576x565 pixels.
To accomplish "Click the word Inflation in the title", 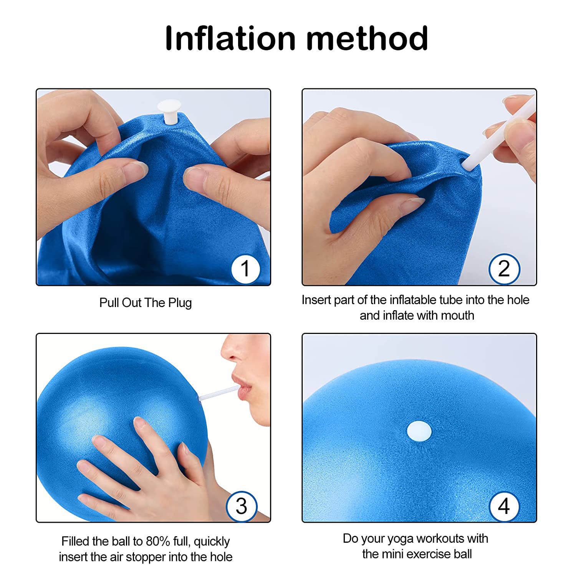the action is pyautogui.click(x=230, y=38).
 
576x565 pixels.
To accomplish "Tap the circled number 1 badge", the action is pyautogui.click(x=245, y=269).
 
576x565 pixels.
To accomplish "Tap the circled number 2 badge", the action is pyautogui.click(x=504, y=269).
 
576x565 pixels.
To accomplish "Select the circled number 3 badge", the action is pyautogui.click(x=242, y=506).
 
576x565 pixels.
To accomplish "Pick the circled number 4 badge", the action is pyautogui.click(x=504, y=506).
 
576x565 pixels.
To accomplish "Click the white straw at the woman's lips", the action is pyautogui.click(x=218, y=394).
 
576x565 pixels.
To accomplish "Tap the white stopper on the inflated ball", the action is pyautogui.click(x=419, y=431).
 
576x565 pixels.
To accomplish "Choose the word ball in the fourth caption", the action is pyautogui.click(x=464, y=554).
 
